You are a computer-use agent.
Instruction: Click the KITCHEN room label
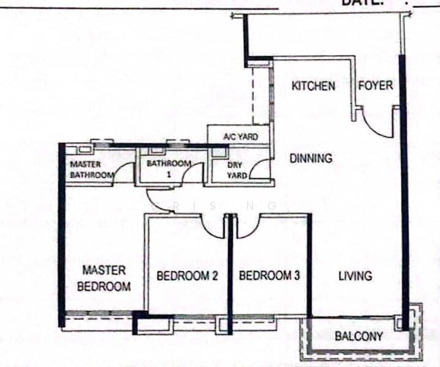[313, 86]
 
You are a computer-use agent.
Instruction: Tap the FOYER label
[375, 85]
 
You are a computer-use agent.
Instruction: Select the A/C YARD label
[240, 136]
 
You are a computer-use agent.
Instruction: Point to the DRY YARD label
[237, 170]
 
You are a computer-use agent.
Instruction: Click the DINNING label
[311, 158]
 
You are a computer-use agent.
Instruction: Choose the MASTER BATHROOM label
[91, 169]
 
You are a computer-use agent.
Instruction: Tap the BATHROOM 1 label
[169, 168]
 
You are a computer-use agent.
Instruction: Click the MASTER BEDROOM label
[107, 278]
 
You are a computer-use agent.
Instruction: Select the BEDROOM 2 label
[187, 276]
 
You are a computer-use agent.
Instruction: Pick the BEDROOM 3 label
[269, 276]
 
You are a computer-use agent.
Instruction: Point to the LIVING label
[355, 276]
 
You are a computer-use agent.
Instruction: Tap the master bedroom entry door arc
[157, 202]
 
